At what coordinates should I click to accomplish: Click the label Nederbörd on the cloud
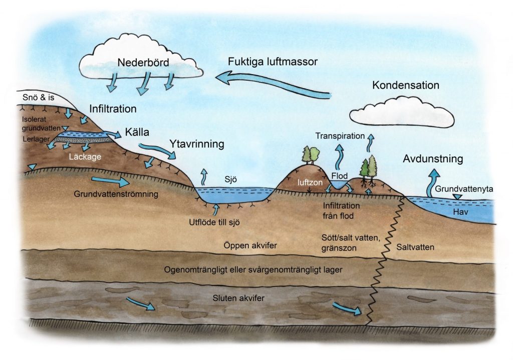(x=144, y=63)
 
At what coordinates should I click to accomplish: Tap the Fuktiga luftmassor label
(x=273, y=62)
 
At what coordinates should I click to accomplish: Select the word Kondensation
(x=405, y=86)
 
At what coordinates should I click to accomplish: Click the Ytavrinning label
(x=196, y=144)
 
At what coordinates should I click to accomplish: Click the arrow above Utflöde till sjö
(x=216, y=207)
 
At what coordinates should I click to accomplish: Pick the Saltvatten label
(x=415, y=247)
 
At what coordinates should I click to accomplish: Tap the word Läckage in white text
(x=83, y=157)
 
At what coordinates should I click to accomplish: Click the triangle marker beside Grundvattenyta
(x=456, y=197)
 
